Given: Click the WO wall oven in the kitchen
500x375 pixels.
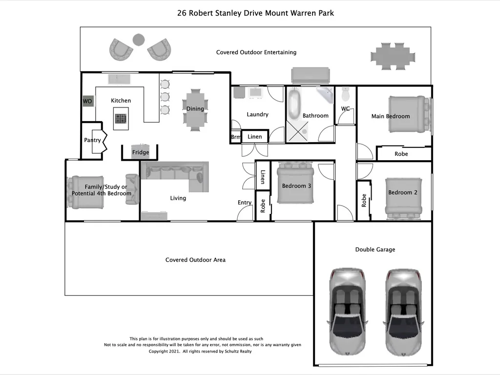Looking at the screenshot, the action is tap(87, 101).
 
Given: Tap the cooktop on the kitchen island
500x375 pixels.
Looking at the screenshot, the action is tap(121, 118).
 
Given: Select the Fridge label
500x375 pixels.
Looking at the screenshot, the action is tap(141, 152).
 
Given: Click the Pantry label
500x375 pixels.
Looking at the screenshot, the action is tap(92, 140).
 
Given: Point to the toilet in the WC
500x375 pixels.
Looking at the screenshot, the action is tap(346, 93).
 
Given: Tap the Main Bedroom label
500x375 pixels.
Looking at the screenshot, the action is tap(391, 116).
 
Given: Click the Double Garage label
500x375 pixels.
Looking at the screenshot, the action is tap(375, 250).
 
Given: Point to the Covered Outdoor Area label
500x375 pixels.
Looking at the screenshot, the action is tap(195, 260).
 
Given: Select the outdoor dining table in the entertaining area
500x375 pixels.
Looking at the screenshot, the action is tap(393, 54).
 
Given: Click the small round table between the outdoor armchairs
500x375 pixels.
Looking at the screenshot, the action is tap(139, 39).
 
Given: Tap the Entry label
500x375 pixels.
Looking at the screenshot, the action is tap(245, 203).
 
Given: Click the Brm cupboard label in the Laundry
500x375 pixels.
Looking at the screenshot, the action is tap(235, 137).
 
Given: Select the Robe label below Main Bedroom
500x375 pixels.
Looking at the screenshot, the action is tap(401, 154).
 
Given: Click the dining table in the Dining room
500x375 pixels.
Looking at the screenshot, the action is tap(195, 109).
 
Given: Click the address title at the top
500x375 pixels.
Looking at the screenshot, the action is tap(255, 13).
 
